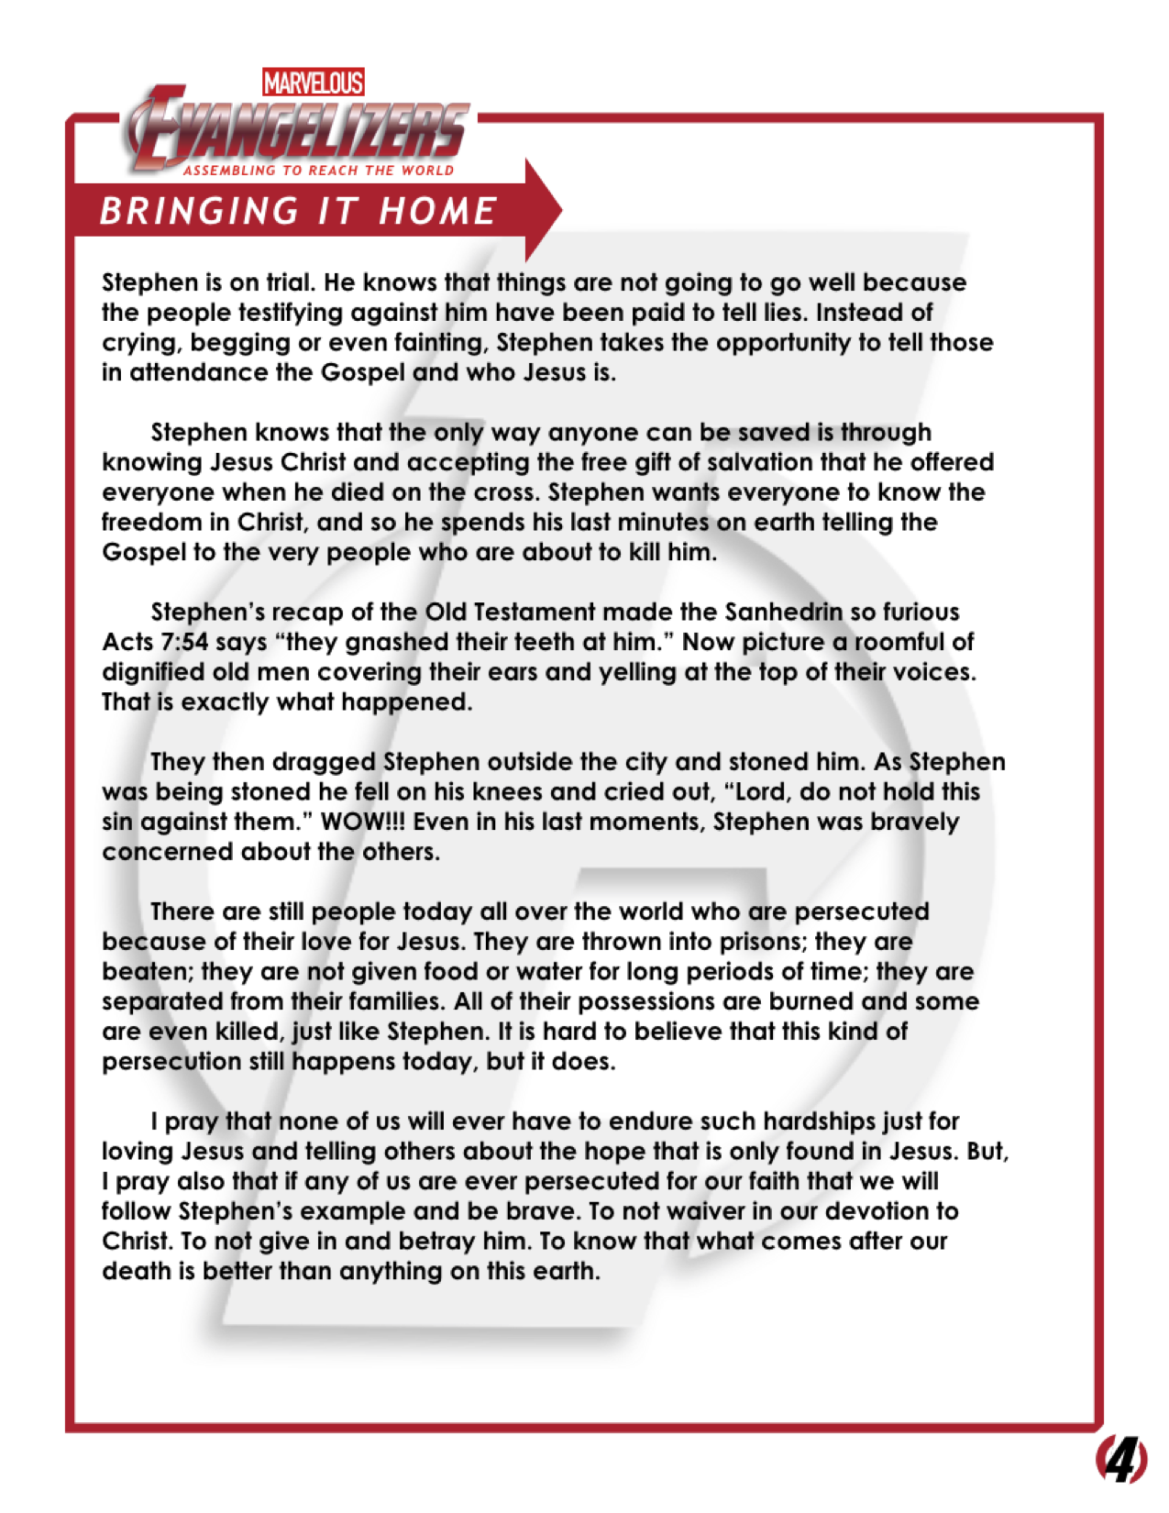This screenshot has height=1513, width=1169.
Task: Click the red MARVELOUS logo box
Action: [313, 83]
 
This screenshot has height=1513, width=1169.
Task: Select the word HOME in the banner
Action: [438, 211]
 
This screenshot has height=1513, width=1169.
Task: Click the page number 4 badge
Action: [1121, 1460]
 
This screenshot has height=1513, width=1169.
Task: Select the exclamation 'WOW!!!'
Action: [363, 822]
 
